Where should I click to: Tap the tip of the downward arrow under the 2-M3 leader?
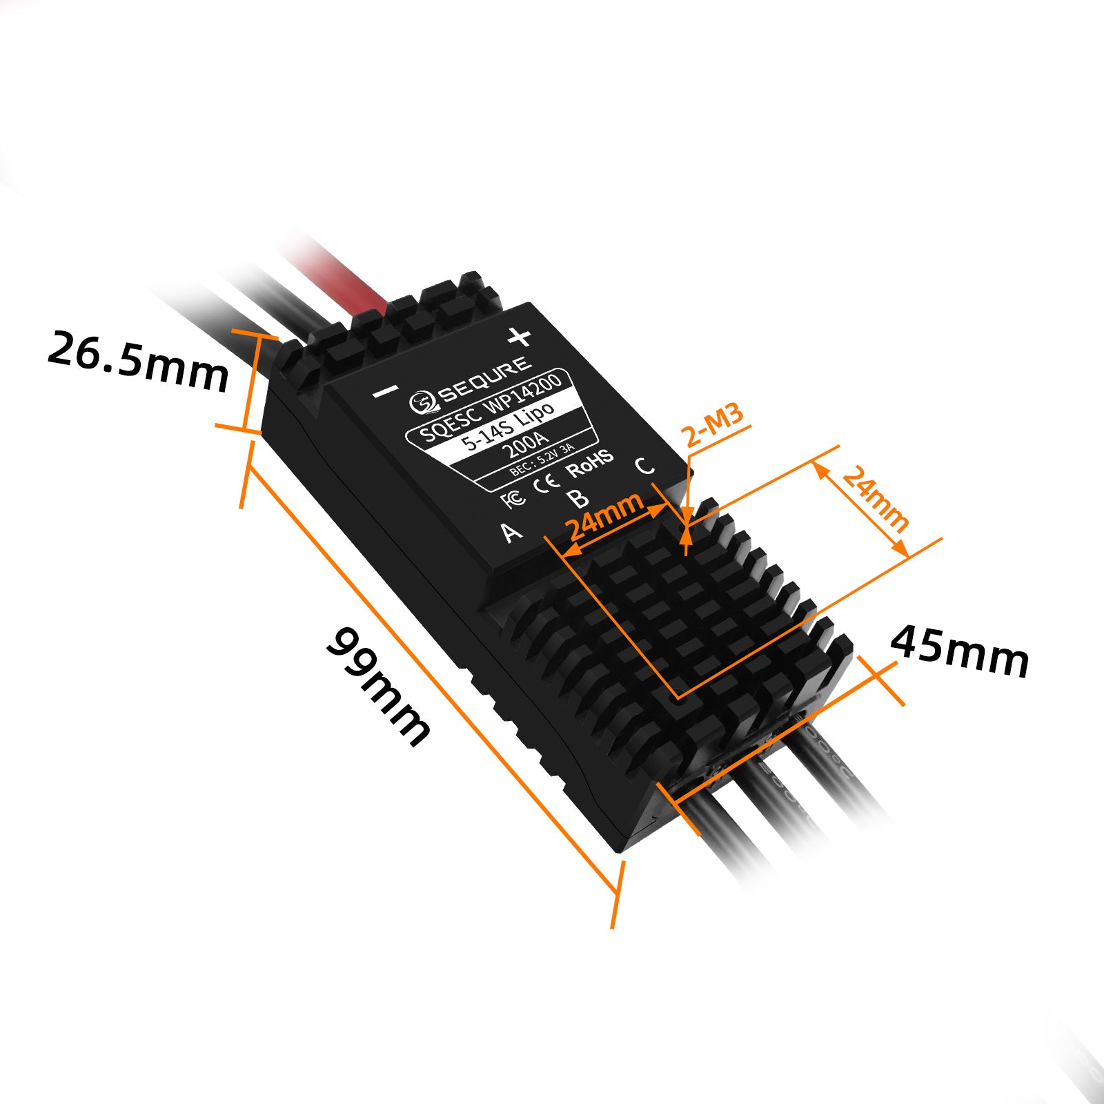[687, 523]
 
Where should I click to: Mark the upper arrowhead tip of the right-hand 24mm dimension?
[815, 462]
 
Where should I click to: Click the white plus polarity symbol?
[520, 337]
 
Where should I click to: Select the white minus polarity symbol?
[385, 392]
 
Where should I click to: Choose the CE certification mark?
[547, 482]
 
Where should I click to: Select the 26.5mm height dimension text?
[138, 361]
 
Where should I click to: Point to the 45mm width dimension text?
[960, 651]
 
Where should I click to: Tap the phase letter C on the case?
[644, 466]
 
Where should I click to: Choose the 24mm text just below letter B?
[604, 516]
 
